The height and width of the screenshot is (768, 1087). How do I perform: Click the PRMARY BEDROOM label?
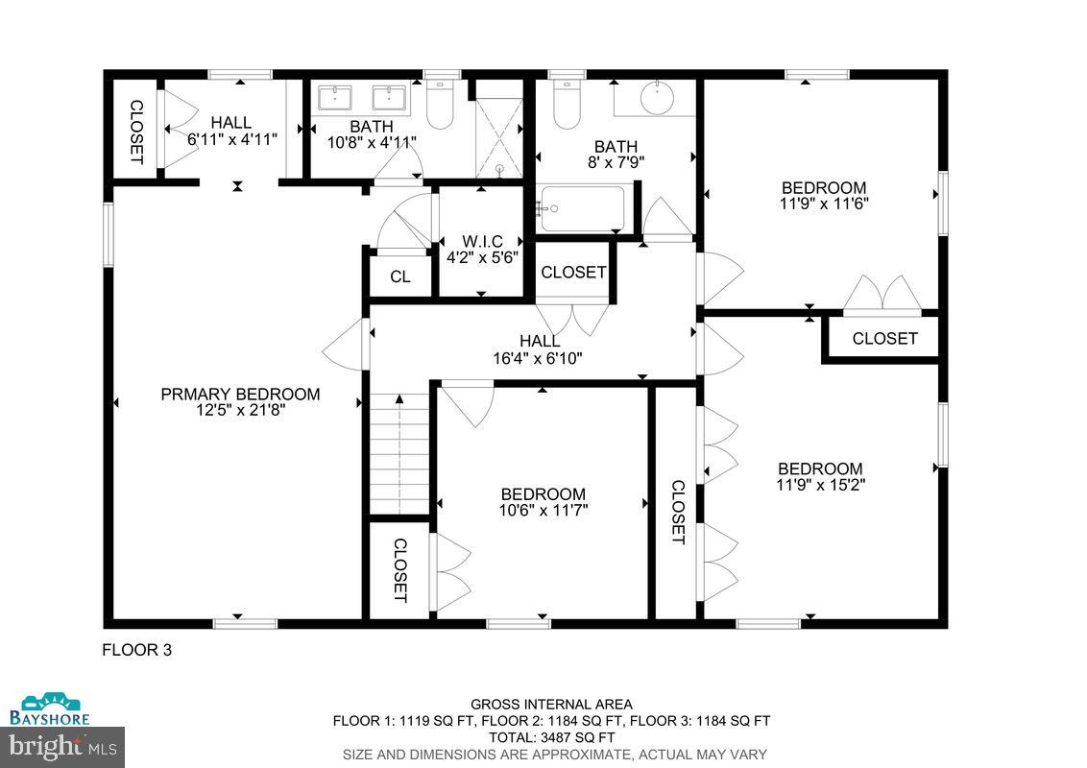click(x=240, y=395)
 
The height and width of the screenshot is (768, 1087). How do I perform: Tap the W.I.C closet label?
click(x=482, y=241)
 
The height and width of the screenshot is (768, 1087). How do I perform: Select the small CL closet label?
click(x=400, y=277)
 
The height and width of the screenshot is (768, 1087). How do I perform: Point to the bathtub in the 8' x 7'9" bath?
click(x=581, y=208)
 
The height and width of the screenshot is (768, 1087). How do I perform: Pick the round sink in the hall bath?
click(x=656, y=97)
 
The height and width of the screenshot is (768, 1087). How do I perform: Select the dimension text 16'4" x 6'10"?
click(x=539, y=358)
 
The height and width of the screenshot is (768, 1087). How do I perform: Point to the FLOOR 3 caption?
click(x=136, y=650)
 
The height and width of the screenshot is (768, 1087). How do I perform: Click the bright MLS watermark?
click(x=61, y=745)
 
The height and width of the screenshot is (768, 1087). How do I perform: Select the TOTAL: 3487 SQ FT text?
click(x=551, y=737)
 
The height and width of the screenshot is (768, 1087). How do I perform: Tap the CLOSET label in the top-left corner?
click(x=135, y=131)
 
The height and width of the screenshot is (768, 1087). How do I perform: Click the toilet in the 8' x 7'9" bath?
click(x=568, y=106)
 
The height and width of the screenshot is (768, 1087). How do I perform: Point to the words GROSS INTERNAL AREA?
click(x=551, y=705)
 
